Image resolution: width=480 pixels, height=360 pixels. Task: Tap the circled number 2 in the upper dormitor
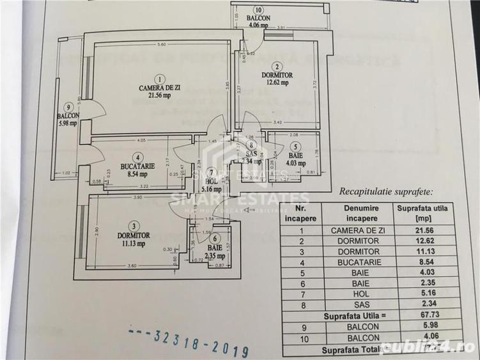click(276, 66)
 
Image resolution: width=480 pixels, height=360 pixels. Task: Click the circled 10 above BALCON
click(258, 10)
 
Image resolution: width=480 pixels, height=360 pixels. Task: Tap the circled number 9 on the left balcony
click(66, 107)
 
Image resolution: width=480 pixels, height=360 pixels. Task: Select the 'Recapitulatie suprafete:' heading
click(385, 191)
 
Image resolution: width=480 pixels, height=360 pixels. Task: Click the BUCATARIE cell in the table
click(361, 262)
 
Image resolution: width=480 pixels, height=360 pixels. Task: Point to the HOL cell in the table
click(361, 293)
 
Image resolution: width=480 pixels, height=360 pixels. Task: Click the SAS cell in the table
click(361, 304)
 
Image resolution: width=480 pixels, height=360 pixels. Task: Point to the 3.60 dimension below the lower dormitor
click(132, 266)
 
